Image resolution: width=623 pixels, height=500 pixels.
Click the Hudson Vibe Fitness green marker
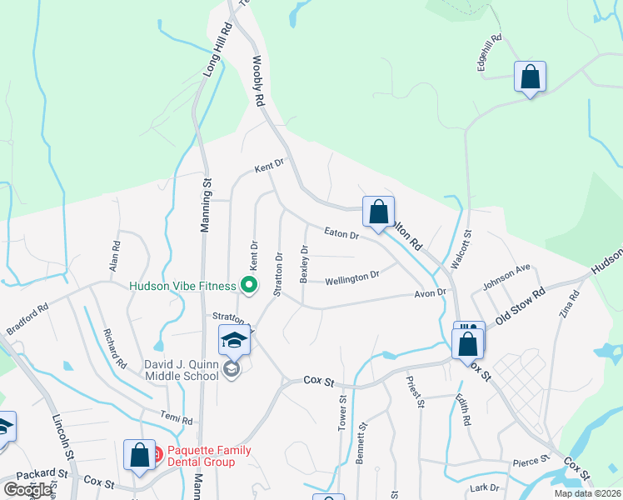click(x=247, y=286)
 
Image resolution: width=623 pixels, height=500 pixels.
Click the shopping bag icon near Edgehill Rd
click(x=530, y=78)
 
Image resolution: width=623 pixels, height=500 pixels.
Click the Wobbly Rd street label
click(x=259, y=82)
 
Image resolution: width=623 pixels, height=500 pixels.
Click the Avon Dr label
click(x=431, y=293)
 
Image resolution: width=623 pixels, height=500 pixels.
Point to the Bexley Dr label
click(x=305, y=262)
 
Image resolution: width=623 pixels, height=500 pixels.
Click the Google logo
click(x=27, y=489)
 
